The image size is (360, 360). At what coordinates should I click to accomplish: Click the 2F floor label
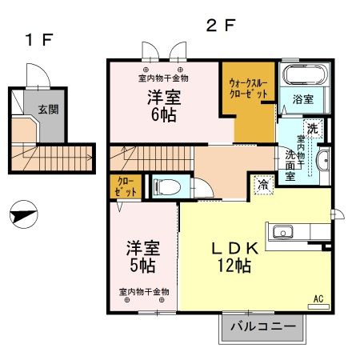pyautogui.click(x=221, y=25)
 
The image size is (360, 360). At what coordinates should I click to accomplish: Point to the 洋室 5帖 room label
pyautogui.click(x=140, y=255)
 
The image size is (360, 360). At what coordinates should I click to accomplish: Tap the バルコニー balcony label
pyautogui.click(x=263, y=326)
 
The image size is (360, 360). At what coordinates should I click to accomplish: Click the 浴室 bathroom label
pyautogui.click(x=302, y=100)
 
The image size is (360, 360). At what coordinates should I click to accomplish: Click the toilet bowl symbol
pyautogui.click(x=167, y=187)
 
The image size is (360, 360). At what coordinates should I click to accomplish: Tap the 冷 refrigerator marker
pyautogui.click(x=262, y=185)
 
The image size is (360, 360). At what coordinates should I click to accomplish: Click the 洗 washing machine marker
pyautogui.click(x=311, y=128)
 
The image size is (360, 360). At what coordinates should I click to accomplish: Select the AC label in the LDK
pyautogui.click(x=318, y=298)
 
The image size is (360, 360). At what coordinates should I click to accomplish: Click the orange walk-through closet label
pyautogui.click(x=248, y=88)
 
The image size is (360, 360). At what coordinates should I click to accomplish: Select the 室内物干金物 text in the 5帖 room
pyautogui.click(x=144, y=292)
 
